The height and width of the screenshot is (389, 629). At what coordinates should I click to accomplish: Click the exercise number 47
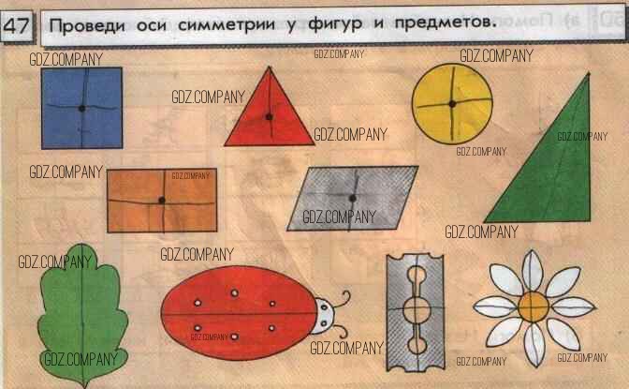click(16, 25)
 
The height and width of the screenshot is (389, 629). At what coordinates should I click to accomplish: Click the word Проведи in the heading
click(87, 26)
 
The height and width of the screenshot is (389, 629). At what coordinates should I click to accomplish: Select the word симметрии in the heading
click(227, 25)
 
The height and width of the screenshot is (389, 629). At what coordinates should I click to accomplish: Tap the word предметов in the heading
click(443, 22)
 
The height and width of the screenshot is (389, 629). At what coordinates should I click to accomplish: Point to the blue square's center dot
click(81, 108)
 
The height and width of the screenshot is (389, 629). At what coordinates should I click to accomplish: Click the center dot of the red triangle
click(270, 117)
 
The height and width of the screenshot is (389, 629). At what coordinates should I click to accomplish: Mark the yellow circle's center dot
click(452, 104)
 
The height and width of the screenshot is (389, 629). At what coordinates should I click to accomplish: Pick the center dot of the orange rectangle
click(162, 201)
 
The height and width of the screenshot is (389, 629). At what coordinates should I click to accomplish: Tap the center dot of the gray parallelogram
click(353, 198)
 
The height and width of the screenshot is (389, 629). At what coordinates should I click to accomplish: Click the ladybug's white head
click(324, 315)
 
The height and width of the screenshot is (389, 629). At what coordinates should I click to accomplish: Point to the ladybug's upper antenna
click(342, 299)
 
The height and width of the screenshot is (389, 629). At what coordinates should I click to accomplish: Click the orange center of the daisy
click(533, 307)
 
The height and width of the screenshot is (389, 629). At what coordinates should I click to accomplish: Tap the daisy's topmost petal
click(533, 270)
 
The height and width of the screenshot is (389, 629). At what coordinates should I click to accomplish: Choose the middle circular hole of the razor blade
click(417, 309)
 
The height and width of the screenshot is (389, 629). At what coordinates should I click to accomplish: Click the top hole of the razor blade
click(417, 276)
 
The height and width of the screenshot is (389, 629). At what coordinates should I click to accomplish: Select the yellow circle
click(452, 104)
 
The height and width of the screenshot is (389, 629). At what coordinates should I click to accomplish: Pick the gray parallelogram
click(353, 198)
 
